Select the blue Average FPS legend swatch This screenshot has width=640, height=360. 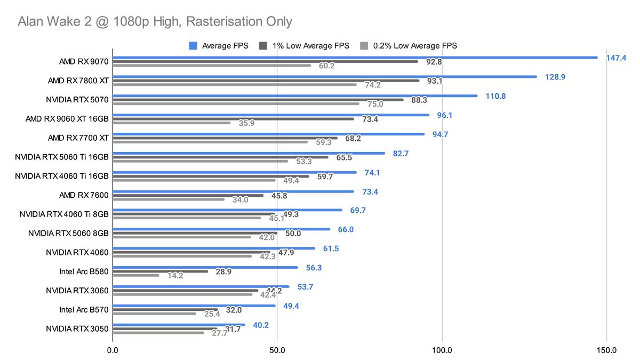194,46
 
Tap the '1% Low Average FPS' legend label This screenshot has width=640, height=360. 311,46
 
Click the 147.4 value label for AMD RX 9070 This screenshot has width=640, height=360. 616,58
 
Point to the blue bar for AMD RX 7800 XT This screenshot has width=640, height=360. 324,77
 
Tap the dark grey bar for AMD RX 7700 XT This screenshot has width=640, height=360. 225,138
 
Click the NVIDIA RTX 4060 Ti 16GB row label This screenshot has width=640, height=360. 62,175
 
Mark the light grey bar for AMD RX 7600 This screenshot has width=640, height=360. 169,199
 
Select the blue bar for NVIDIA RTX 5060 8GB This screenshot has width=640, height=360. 221,229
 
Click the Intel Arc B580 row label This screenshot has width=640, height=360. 84,271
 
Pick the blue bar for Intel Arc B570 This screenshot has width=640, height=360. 194,306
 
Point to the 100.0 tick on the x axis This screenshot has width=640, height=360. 442,350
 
